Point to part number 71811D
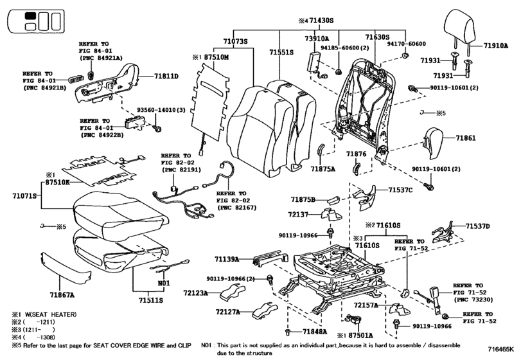pos(166,76)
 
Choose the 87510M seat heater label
pos(218,58)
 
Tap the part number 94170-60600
pos(405,43)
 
